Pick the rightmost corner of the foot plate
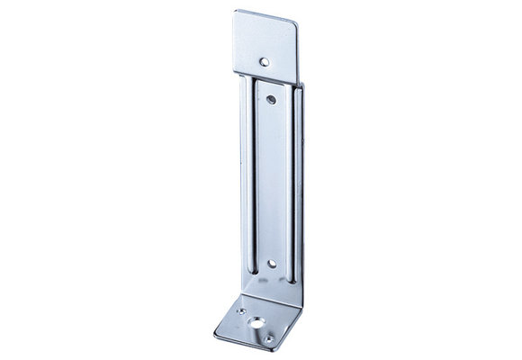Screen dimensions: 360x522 [x=304, y=310]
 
